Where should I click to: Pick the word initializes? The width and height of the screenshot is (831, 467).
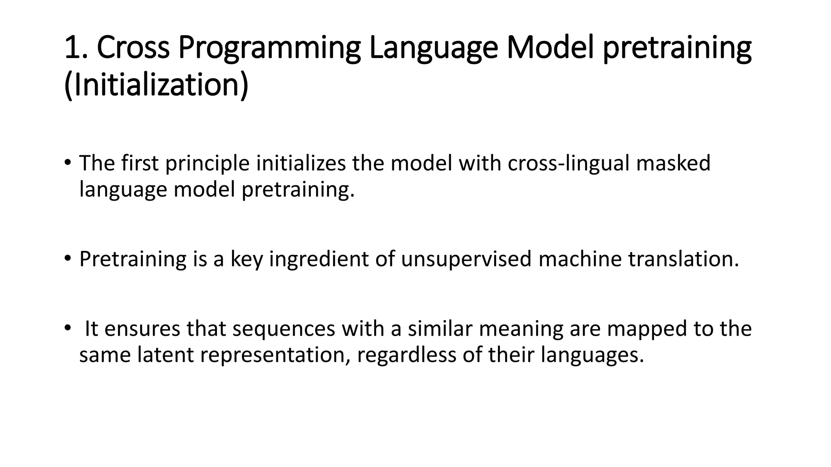[x=301, y=163]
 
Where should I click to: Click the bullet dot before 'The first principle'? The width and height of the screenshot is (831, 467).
[x=67, y=163]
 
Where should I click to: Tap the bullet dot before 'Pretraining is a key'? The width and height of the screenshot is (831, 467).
[x=67, y=259]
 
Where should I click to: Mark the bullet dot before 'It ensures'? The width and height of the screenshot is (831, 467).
[x=67, y=328]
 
